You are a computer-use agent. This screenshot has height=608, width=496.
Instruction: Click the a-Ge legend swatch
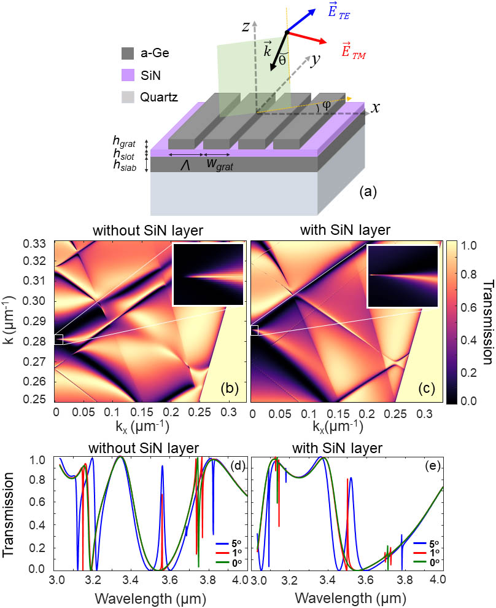(x=128, y=53)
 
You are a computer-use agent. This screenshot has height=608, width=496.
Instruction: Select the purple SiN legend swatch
(x=128, y=75)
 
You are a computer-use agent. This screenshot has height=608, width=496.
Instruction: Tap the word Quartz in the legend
(x=159, y=97)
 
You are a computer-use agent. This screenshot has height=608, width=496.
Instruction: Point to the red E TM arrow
(x=307, y=38)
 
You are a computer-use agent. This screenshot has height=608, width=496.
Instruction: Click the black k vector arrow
(x=279, y=51)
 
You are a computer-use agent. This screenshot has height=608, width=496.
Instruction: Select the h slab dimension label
(x=125, y=166)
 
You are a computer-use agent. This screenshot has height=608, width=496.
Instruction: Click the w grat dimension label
(x=220, y=164)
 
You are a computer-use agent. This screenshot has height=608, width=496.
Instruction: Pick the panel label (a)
(x=368, y=191)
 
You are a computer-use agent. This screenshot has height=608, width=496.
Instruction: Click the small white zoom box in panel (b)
(x=58, y=339)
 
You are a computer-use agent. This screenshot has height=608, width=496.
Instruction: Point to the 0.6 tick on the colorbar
(x=469, y=307)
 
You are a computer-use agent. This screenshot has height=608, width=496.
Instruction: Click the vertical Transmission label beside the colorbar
(x=487, y=322)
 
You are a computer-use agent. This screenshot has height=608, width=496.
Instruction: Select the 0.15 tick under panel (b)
(x=141, y=413)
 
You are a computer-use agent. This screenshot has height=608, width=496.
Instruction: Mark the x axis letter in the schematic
(x=375, y=108)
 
